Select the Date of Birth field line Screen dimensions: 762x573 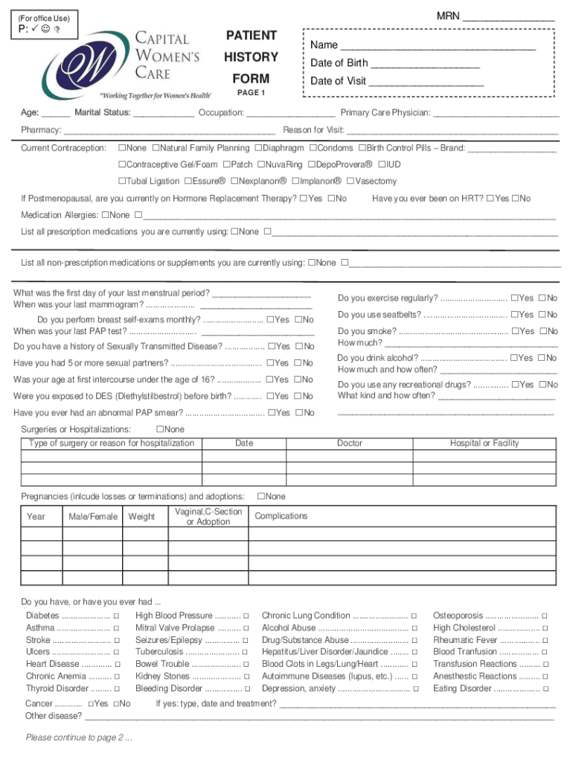pyautogui.click(x=424, y=65)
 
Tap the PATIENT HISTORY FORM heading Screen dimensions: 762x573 pyautogui.click(x=251, y=57)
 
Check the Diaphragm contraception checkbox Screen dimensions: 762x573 pyautogui.click(x=258, y=148)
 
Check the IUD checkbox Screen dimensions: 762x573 pyautogui.click(x=382, y=164)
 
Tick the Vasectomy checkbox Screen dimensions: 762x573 pyautogui.click(x=350, y=181)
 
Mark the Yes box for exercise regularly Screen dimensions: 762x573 pyautogui.click(x=514, y=298)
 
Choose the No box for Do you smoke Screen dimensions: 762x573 pyautogui.click(x=542, y=331)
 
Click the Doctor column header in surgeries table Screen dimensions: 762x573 pyautogui.click(x=349, y=444)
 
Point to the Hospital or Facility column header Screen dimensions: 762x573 pyautogui.click(x=484, y=444)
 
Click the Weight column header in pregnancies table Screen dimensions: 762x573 pyautogui.click(x=141, y=516)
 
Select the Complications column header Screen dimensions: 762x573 pyautogui.click(x=281, y=516)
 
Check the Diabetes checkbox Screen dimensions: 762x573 pyautogui.click(x=117, y=616)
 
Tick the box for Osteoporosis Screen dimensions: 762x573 pyautogui.click(x=545, y=616)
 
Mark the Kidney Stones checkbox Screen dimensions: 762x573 pyautogui.click(x=246, y=676)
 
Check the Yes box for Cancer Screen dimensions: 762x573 pyautogui.click(x=91, y=704)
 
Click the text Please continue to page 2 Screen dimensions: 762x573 pyautogui.click(x=78, y=738)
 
